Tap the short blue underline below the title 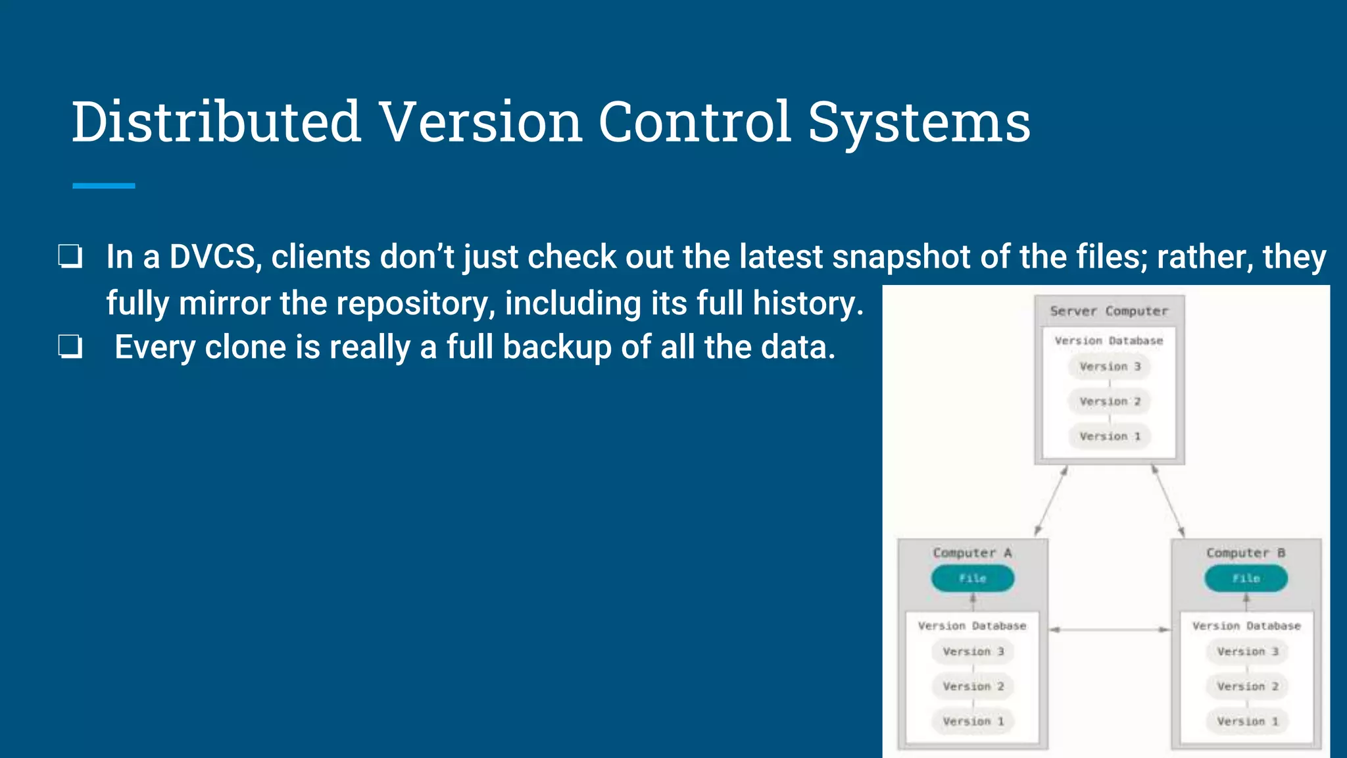coord(103,186)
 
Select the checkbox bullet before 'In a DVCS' coord(70,257)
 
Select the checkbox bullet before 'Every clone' coord(70,347)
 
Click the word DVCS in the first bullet coord(212,257)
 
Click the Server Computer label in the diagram coord(1109,311)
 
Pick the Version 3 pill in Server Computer coord(1109,366)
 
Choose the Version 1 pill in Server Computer coord(1109,436)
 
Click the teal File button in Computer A coord(972,578)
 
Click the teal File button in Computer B coord(1246,578)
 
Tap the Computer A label coord(972,553)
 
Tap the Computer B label coord(1246,553)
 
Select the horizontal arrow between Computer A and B coord(1109,630)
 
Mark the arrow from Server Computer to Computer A coord(1050,501)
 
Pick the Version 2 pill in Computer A coord(972,686)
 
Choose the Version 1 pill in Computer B coord(1246,721)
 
